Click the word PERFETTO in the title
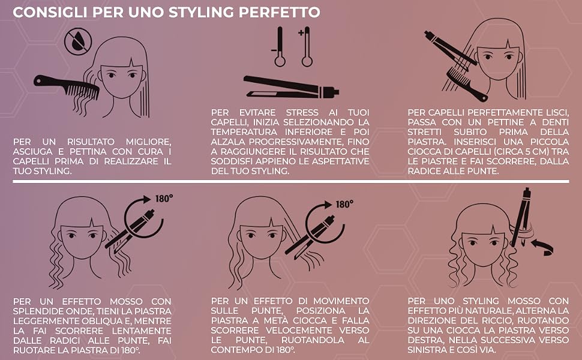[x=279, y=12]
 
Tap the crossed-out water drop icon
[x=78, y=42]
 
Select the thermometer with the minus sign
[x=279, y=47]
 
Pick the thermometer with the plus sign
[x=306, y=47]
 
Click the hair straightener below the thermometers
[x=291, y=87]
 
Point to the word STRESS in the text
[x=302, y=112]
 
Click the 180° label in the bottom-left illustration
[x=164, y=199]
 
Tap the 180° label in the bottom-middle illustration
[x=344, y=205]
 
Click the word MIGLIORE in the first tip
[x=148, y=142]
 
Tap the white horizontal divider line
[x=290, y=181]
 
